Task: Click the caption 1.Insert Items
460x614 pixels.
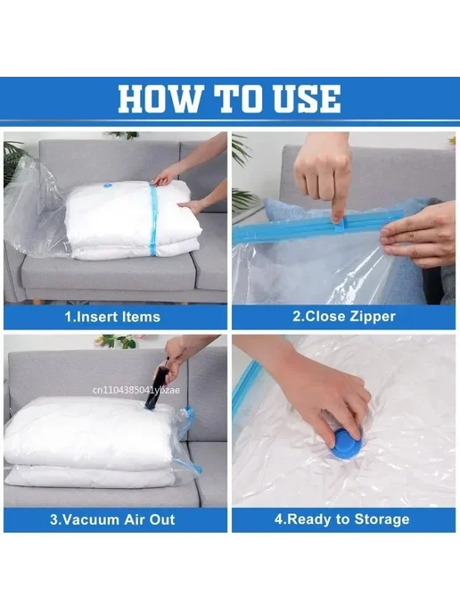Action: [112, 317]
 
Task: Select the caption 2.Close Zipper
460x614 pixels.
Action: [344, 316]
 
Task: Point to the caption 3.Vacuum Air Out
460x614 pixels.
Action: [112, 519]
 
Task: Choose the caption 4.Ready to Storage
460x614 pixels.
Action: [341, 519]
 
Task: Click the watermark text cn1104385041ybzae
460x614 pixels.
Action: [136, 390]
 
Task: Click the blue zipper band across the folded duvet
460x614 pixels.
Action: [153, 220]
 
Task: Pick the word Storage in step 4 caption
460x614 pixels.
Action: [382, 519]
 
